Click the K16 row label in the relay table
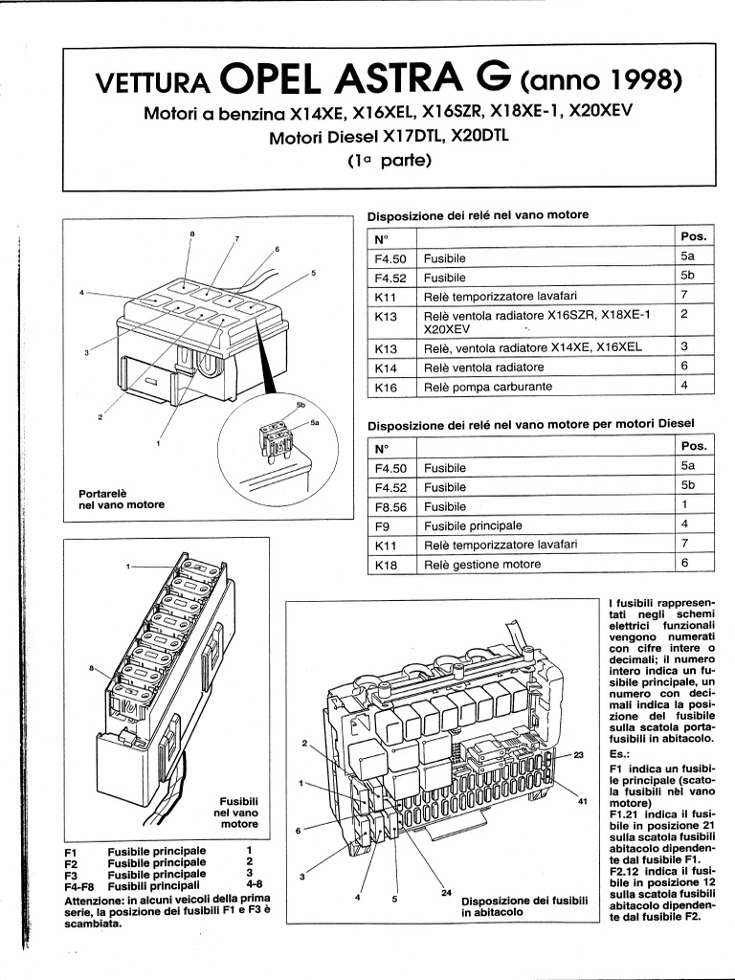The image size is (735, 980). click(x=387, y=388)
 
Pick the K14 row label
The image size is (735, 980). click(x=387, y=367)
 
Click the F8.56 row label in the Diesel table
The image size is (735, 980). click(x=390, y=506)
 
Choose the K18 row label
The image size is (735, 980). click(x=387, y=565)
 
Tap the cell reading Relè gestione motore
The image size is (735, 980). click(x=482, y=565)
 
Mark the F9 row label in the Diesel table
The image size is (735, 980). click(x=382, y=525)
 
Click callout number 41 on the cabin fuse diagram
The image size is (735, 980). click(x=582, y=802)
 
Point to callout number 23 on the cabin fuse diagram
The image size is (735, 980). click(x=578, y=755)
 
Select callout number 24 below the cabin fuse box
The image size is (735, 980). click(x=446, y=893)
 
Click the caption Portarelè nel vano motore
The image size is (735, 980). click(x=121, y=500)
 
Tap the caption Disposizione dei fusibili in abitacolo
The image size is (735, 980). click(x=523, y=907)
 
